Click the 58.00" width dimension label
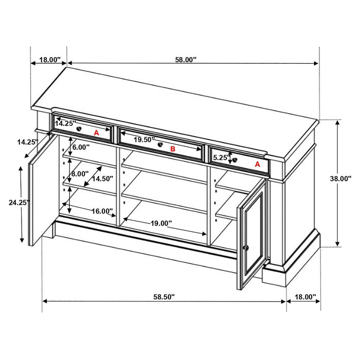click(x=186, y=60)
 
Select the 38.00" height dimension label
click(x=340, y=179)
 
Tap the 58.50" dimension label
click(x=164, y=297)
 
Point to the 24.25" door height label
click(x=19, y=203)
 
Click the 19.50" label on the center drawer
click(x=145, y=139)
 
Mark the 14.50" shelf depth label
click(x=102, y=179)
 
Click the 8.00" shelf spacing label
click(x=80, y=174)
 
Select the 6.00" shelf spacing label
click(x=81, y=147)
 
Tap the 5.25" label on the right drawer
click(x=221, y=157)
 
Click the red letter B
click(x=173, y=149)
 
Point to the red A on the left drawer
click(x=96, y=133)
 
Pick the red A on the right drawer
click(x=257, y=165)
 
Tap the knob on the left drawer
click(x=79, y=128)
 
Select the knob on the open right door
click(x=246, y=248)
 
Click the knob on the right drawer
click(x=235, y=160)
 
